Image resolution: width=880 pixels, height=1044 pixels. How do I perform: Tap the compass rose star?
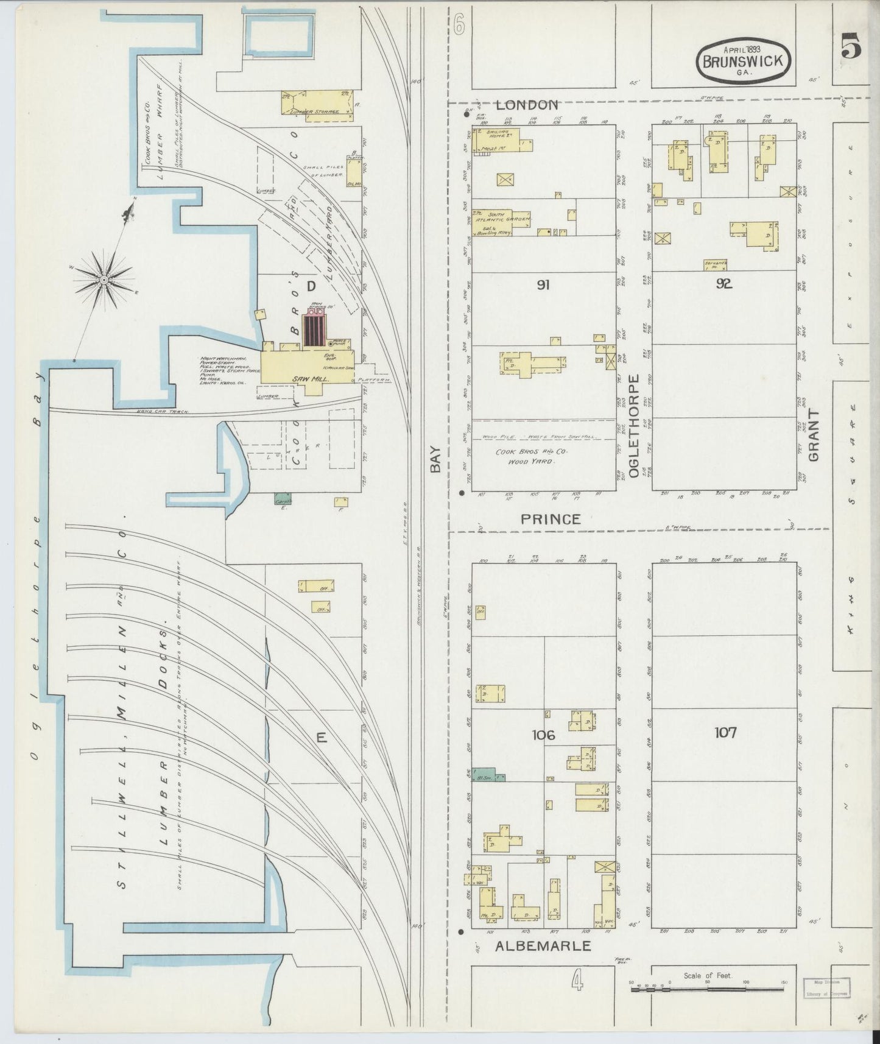click(104, 279)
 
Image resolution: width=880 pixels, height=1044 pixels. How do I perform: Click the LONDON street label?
click(527, 105)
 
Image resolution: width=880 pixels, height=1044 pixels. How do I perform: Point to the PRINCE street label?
click(551, 519)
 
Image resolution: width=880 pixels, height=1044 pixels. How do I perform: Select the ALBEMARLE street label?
click(543, 946)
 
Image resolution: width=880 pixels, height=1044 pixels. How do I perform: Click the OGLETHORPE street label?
click(633, 426)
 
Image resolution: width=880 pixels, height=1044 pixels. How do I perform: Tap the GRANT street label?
click(814, 434)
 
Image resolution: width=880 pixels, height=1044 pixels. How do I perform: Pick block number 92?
click(723, 283)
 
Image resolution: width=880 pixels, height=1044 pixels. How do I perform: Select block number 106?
click(543, 735)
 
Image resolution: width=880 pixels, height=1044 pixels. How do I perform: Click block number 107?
click(726, 732)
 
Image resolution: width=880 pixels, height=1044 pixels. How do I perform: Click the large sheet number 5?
click(851, 48)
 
